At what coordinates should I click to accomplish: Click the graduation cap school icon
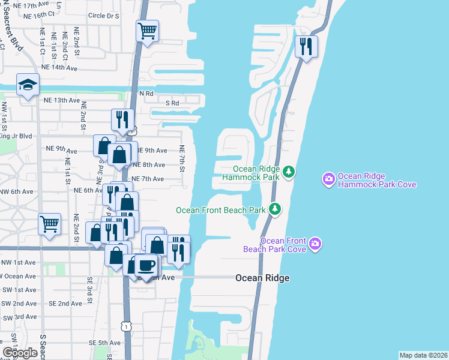(28, 86)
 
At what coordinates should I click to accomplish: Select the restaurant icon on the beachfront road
(307, 47)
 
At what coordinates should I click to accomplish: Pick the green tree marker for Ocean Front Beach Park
(275, 209)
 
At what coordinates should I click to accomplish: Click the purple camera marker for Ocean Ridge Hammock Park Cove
(328, 179)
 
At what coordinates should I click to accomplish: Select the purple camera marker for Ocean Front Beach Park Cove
(316, 244)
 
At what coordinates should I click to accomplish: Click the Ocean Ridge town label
(262, 278)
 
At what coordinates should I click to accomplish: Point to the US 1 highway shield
(125, 326)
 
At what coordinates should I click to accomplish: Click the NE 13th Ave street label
(62, 100)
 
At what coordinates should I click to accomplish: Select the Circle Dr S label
(103, 16)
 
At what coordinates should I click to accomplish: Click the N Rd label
(146, 94)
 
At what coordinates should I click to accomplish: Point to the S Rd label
(172, 103)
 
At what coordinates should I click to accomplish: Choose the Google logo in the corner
(20, 353)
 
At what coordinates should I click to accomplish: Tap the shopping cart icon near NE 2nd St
(49, 224)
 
